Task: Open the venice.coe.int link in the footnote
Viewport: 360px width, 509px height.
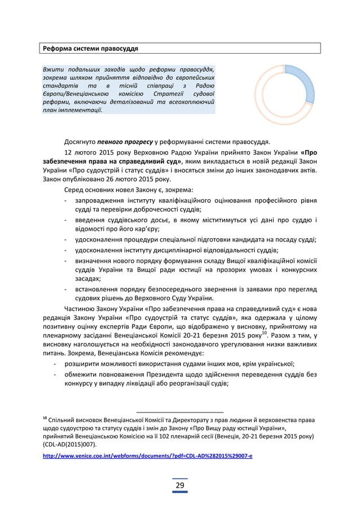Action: pyautogui.click(x=148, y=455)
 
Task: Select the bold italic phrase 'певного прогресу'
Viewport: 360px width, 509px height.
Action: pyautogui.click(x=125, y=141)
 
